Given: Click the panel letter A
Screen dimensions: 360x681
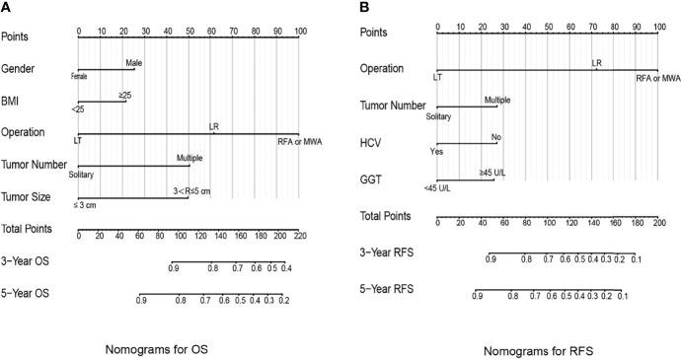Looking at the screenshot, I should tap(6, 7).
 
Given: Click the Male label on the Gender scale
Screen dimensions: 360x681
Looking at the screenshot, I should tap(134, 61).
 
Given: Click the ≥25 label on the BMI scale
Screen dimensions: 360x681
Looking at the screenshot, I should tap(125, 94).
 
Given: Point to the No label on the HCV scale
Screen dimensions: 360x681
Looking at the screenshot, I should tap(496, 137).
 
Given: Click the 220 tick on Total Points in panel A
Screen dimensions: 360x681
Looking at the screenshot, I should tap(298, 238).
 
